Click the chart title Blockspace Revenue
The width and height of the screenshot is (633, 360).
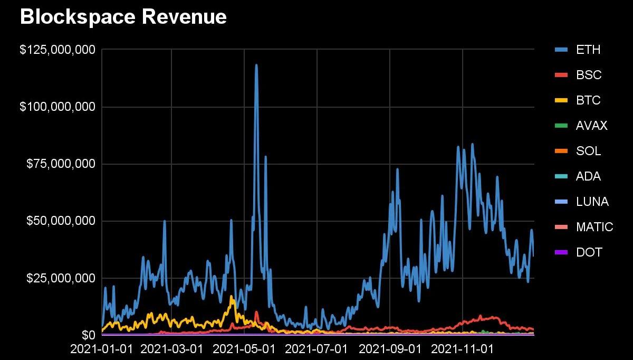click(x=123, y=17)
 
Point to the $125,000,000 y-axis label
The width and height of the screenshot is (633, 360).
click(x=57, y=50)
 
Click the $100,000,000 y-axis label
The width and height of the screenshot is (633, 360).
click(x=57, y=107)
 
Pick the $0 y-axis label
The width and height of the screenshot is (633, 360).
click(x=88, y=335)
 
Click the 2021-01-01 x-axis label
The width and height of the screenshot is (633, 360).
click(x=102, y=349)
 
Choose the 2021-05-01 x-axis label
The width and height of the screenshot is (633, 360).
click(x=244, y=349)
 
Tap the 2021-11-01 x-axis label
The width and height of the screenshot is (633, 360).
click(x=462, y=349)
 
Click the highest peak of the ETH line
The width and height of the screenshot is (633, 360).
click(x=256, y=65)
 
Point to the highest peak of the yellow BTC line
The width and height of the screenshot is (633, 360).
click(x=232, y=297)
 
